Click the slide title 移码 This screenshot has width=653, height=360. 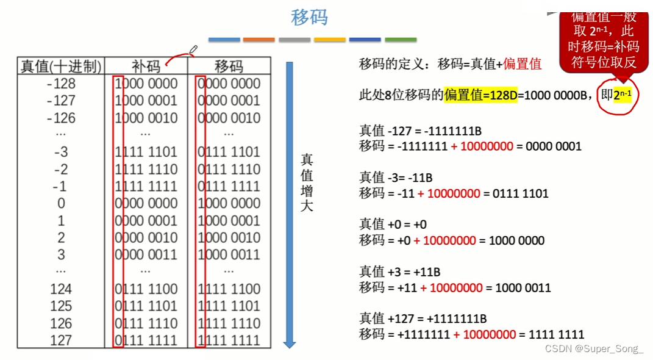click(309, 17)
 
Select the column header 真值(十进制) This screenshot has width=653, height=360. click(61, 67)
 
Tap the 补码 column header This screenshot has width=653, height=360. click(146, 67)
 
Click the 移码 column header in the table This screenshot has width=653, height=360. click(229, 67)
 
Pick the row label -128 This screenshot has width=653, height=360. click(61, 84)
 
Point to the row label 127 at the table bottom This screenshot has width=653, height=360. click(61, 340)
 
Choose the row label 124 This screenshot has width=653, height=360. click(61, 289)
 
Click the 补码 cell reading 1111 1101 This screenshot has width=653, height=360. click(146, 152)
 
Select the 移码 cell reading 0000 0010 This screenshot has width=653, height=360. click(229, 118)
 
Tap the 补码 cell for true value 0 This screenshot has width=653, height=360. click(146, 203)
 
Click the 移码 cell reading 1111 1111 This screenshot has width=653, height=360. click(229, 340)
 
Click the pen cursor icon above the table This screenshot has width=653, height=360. click(194, 49)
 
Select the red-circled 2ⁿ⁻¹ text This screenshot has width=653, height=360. click(622, 95)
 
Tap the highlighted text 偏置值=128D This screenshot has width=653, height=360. click(480, 95)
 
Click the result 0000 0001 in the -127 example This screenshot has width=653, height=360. click(549, 146)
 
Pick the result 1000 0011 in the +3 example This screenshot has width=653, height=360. click(523, 287)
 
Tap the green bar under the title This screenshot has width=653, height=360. click(401, 40)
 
